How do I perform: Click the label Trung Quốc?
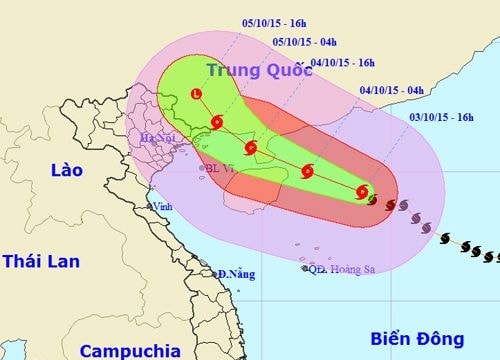pyautogui.click(x=255, y=70)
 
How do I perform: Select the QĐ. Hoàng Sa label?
pyautogui.click(x=346, y=267)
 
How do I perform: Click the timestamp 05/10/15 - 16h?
pyautogui.click(x=245, y=20)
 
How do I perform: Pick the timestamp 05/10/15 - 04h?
pyautogui.click(x=304, y=41)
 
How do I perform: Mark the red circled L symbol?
pyautogui.click(x=195, y=95)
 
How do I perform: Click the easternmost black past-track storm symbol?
pyautogui.click(x=490, y=258)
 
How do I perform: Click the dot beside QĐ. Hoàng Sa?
pyautogui.click(x=305, y=268)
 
